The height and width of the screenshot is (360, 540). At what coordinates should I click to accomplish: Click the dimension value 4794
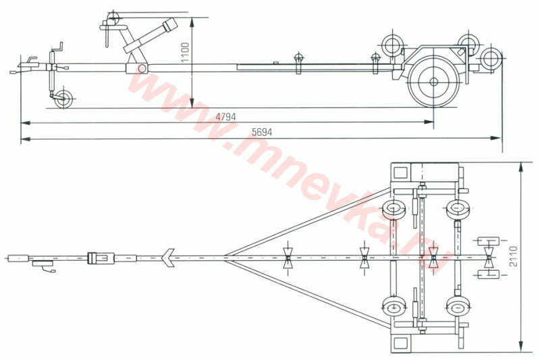point(225,117)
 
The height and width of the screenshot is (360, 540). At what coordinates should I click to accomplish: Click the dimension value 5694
point(262,132)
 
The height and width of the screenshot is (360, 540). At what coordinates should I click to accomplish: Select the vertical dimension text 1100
point(185,53)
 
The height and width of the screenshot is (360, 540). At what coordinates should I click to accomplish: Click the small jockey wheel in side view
point(63,99)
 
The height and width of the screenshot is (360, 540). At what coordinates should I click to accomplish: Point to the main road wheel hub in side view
point(433,82)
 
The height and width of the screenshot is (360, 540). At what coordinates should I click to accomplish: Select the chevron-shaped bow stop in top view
point(167,258)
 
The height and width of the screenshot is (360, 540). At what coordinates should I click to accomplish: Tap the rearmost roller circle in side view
point(491,59)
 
